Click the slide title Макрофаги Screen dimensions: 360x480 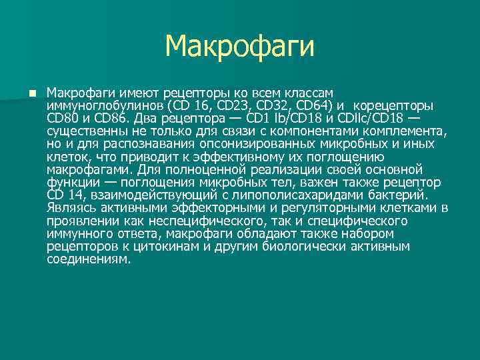tap(239, 46)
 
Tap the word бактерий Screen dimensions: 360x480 tap(401, 195)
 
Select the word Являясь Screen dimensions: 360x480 tap(69, 208)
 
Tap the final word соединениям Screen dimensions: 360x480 tap(89, 259)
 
